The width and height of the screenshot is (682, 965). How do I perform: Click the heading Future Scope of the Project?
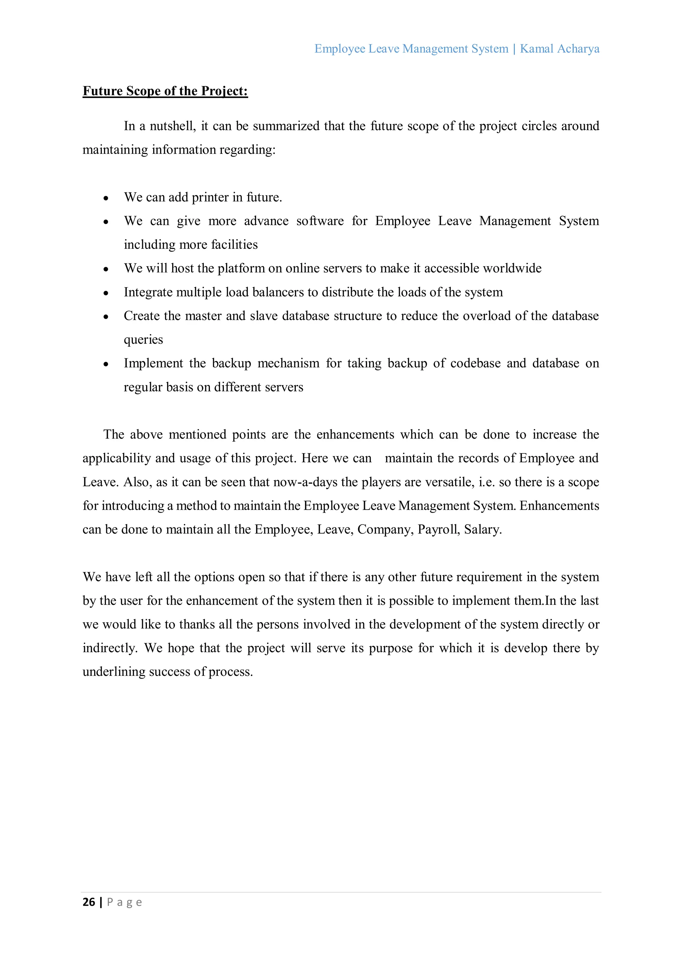click(x=165, y=91)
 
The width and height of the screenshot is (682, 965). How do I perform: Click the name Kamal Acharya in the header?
click(x=559, y=49)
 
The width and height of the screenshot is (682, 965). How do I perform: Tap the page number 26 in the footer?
click(x=89, y=902)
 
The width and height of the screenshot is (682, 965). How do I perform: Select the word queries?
click(x=143, y=340)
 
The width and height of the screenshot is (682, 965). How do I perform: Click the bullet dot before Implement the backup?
click(x=106, y=364)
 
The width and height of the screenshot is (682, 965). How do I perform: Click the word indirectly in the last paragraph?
click(x=110, y=648)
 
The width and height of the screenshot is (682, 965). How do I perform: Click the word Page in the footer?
click(x=125, y=902)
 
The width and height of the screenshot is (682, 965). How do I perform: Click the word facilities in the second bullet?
click(x=234, y=244)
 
